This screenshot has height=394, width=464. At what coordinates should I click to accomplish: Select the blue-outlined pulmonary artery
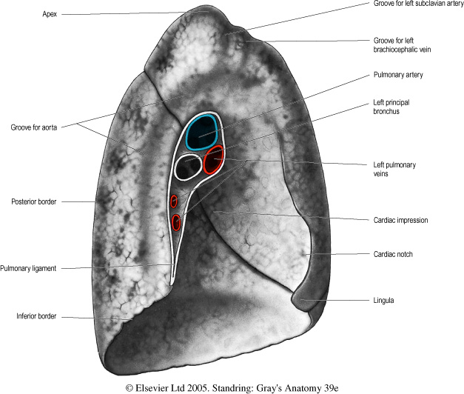click(x=201, y=132)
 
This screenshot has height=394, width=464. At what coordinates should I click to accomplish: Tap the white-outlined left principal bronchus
click(x=188, y=167)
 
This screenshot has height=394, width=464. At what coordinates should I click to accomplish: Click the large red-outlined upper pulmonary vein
click(x=214, y=159)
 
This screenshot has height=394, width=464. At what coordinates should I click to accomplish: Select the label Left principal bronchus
click(x=397, y=107)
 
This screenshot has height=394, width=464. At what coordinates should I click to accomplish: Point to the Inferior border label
click(x=36, y=316)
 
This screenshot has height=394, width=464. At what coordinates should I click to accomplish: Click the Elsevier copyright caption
click(x=232, y=387)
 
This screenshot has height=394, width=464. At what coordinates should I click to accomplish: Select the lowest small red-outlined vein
click(x=176, y=221)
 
